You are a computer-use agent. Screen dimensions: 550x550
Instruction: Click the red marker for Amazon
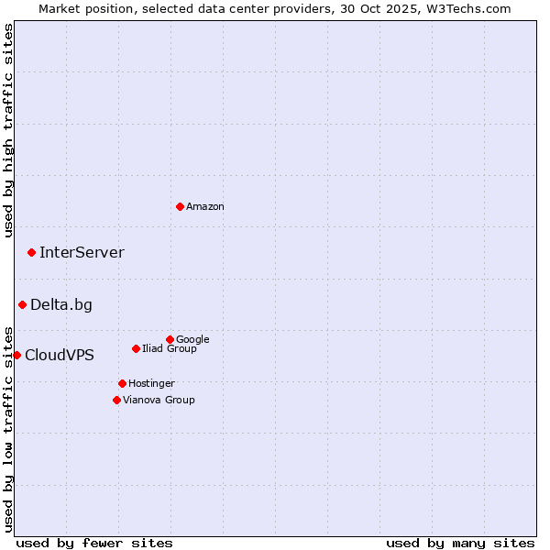(x=180, y=206)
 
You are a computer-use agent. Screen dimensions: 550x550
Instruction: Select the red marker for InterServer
(x=31, y=252)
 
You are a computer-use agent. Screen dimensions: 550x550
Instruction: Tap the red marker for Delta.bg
(x=22, y=304)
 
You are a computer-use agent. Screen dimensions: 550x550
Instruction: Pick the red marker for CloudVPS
(x=16, y=355)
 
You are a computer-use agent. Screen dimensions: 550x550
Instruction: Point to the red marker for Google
(x=170, y=339)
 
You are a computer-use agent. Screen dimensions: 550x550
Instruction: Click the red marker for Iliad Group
(x=136, y=348)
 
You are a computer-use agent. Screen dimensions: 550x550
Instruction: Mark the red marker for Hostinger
(x=122, y=383)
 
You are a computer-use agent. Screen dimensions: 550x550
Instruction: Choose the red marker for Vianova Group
(x=116, y=400)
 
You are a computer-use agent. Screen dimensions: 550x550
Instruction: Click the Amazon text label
(x=205, y=207)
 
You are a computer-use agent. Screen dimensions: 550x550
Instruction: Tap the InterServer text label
(x=82, y=253)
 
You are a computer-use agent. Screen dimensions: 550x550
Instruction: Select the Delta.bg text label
(x=61, y=305)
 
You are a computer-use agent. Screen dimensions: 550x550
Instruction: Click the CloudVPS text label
(x=60, y=356)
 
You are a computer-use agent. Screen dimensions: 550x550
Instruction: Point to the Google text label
(x=192, y=340)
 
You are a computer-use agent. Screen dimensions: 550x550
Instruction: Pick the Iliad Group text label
(x=170, y=349)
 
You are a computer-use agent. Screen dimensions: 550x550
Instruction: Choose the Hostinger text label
(x=151, y=384)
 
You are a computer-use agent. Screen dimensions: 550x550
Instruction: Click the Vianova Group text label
(x=159, y=401)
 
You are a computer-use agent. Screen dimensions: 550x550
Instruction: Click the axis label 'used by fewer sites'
(x=94, y=543)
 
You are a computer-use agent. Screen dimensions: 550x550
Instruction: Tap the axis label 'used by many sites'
(x=460, y=543)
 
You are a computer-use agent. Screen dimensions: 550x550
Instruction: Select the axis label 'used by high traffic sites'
(x=8, y=130)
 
